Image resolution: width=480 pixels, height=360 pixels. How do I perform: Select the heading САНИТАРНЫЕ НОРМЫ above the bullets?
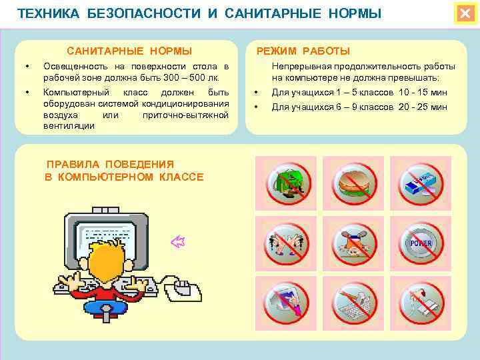point(129,51)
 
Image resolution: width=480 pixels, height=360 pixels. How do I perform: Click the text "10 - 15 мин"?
point(423,93)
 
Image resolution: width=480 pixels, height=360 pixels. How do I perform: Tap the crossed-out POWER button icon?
point(420,243)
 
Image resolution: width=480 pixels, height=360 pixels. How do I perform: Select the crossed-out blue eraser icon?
point(420,183)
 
